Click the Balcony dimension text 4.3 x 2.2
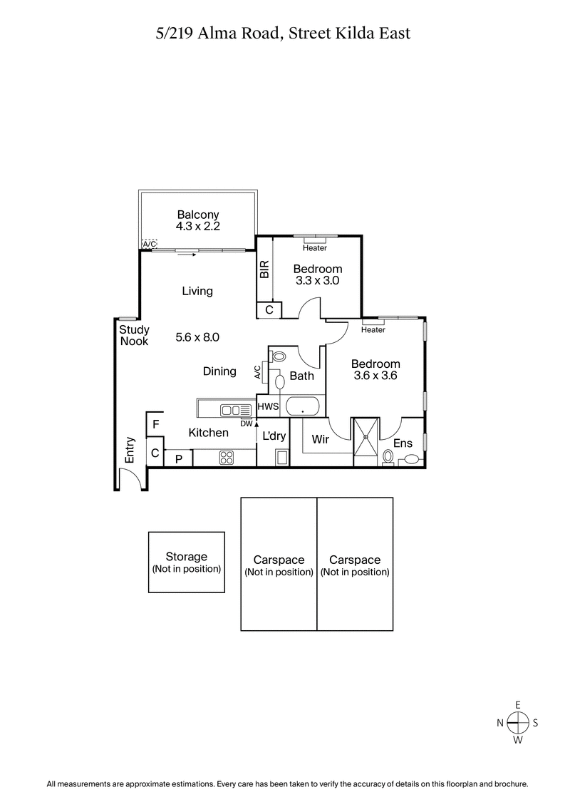coord(197,227)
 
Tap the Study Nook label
coord(133,335)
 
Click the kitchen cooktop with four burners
coord(227,457)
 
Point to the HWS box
coord(267,407)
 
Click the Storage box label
coord(186,556)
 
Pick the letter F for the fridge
coord(155,423)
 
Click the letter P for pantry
coord(178,458)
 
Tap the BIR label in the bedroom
coord(264,269)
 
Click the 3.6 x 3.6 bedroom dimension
coord(375,376)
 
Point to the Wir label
coord(321,440)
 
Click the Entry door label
coord(130,451)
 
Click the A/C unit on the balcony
coord(150,244)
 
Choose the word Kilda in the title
coord(348,33)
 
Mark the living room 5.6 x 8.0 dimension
coord(197,337)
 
